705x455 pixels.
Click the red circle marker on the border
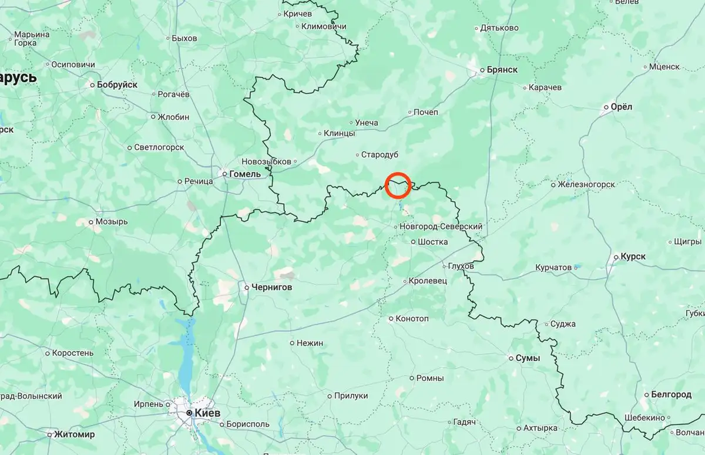click(398, 185)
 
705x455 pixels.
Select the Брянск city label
click(502, 69)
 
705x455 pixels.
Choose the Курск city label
click(633, 257)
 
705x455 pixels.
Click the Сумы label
click(528, 358)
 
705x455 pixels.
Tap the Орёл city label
click(622, 107)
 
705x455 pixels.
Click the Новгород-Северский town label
click(441, 226)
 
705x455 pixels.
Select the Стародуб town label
click(380, 154)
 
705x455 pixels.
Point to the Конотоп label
click(412, 318)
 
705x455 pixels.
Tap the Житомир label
click(74, 434)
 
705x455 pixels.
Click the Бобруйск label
click(117, 85)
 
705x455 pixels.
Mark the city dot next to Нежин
click(292, 343)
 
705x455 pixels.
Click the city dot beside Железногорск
click(553, 184)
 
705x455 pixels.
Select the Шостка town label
click(432, 241)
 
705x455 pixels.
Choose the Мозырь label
click(112, 222)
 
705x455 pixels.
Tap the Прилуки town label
click(351, 396)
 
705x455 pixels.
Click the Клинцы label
click(339, 133)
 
